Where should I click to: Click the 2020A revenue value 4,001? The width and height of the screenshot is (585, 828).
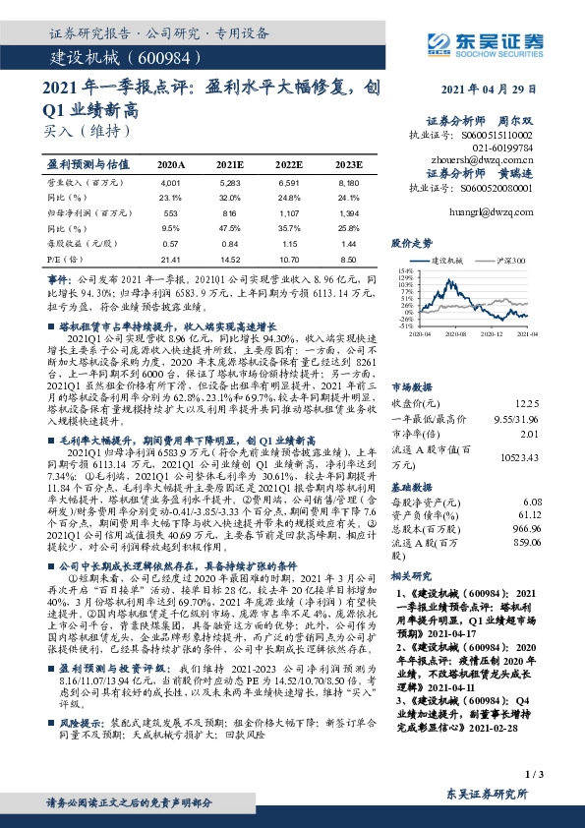coord(171,182)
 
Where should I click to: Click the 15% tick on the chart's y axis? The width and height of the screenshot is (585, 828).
coord(403,268)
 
